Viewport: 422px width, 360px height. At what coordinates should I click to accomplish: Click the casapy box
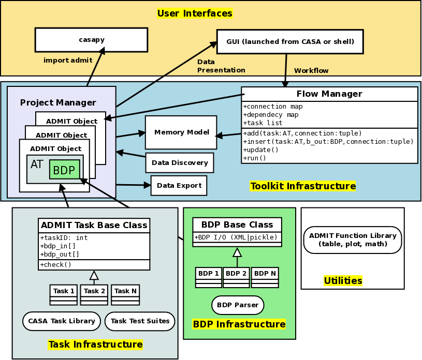pos(91,40)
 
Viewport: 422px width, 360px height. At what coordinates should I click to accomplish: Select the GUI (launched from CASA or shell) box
pos(290,41)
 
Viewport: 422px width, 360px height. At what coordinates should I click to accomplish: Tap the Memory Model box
pos(181,132)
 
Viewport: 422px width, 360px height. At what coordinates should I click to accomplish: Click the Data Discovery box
pos(180,162)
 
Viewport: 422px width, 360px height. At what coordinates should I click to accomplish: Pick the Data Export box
pos(179,185)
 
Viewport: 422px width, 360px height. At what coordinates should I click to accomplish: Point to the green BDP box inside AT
pos(65,170)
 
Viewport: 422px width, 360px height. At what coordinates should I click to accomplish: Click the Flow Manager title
pos(329,94)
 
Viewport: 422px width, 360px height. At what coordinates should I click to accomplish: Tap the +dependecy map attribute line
pos(270,115)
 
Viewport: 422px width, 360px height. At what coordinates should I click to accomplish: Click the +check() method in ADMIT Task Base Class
pos(56,265)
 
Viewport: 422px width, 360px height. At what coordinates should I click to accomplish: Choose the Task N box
pos(125,291)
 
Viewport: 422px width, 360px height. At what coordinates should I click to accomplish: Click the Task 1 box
pos(64,291)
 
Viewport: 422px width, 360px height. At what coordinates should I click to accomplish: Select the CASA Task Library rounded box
pos(62,321)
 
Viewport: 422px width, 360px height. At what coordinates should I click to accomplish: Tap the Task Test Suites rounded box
pos(140,321)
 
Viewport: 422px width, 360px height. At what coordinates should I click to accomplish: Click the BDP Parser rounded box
pos(238,305)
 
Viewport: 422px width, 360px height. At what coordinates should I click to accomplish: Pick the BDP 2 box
pos(237,273)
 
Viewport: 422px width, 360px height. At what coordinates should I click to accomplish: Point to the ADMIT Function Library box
pos(352,240)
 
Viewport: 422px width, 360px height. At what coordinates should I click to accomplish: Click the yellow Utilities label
pos(343,281)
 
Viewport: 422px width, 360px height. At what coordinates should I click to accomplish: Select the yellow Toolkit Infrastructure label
pos(303,186)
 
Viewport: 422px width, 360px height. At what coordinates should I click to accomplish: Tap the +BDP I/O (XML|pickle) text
pos(237,237)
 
